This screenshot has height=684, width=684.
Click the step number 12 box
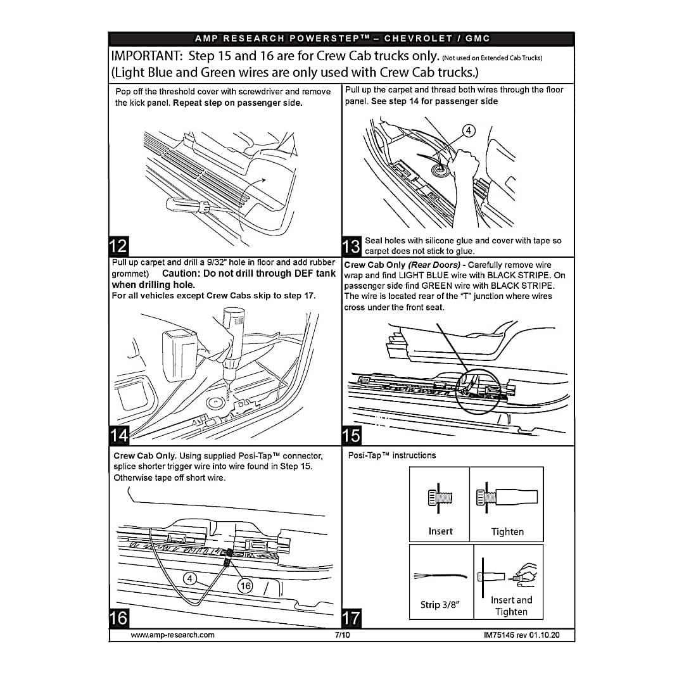118,245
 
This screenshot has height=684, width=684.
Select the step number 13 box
351,245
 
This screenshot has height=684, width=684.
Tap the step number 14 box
118,435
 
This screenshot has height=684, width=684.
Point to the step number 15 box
351,435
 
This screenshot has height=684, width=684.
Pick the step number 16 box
118,617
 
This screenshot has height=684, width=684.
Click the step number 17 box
351,617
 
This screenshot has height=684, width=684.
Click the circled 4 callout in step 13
469,131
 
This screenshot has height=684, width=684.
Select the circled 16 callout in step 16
244,586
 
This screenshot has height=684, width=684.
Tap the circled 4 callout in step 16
189,578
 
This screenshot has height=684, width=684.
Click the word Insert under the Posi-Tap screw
441,531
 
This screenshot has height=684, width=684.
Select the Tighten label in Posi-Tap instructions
507,532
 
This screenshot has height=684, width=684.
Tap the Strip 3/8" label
439,605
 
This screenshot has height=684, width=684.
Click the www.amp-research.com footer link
172,635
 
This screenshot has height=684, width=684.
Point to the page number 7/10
342,635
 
